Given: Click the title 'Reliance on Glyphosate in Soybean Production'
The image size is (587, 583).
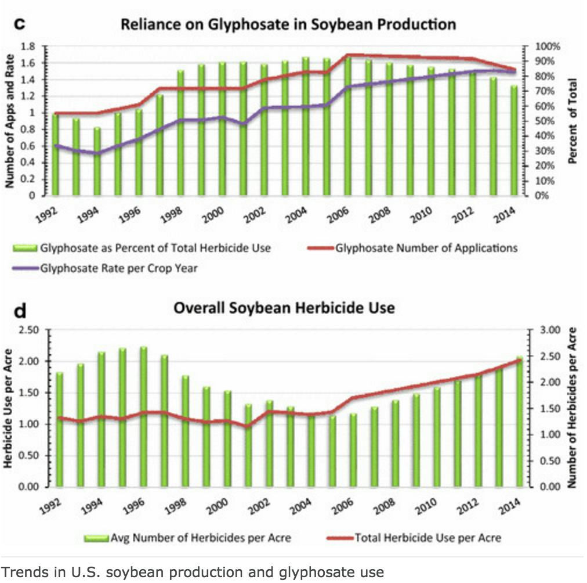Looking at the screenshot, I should pos(288,24).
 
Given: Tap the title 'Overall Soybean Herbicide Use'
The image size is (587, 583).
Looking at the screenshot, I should pos(284,308).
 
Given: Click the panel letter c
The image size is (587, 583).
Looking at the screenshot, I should pos(19,24).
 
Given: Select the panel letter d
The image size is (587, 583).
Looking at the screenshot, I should pos(19,311).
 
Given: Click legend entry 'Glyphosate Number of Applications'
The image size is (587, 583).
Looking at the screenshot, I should pos(425,248).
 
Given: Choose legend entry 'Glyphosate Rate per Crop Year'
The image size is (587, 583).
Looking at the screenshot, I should pos(118,268).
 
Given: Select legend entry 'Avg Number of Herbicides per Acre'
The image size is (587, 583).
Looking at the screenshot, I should pos(201,538).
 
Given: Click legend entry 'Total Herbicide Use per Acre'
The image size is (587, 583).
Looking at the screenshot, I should pos(427,538).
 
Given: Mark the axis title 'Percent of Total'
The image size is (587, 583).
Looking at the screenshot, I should pos(573,121).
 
